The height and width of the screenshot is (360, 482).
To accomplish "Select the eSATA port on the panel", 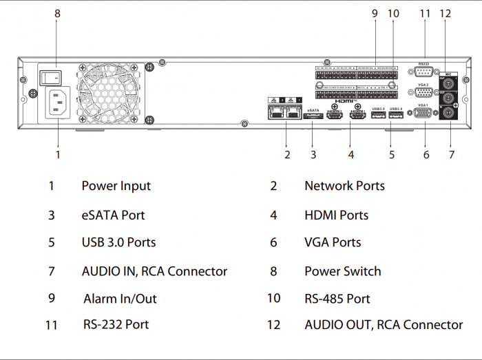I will (313, 118).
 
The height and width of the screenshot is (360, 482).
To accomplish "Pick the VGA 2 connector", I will (424, 94).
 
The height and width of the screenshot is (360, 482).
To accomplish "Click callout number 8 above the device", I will (57, 13).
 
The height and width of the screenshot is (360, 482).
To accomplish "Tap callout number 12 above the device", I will (445, 13).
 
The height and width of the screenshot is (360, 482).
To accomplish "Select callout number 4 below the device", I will (351, 155).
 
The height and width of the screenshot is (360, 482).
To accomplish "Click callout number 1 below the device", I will (58, 155).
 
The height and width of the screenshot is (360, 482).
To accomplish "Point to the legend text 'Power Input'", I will (116, 186).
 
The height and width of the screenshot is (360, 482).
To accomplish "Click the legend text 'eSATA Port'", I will (113, 215).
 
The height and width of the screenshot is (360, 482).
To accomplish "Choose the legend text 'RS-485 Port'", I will (337, 299).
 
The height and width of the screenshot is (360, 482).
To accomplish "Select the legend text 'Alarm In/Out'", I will (120, 299).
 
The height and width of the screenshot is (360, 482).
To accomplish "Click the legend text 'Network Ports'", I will (344, 186).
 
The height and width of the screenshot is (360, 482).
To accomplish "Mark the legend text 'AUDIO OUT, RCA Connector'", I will (384, 325).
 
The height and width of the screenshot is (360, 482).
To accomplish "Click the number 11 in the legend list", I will (51, 325).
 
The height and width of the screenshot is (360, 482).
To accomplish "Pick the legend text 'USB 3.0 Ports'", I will (118, 242).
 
